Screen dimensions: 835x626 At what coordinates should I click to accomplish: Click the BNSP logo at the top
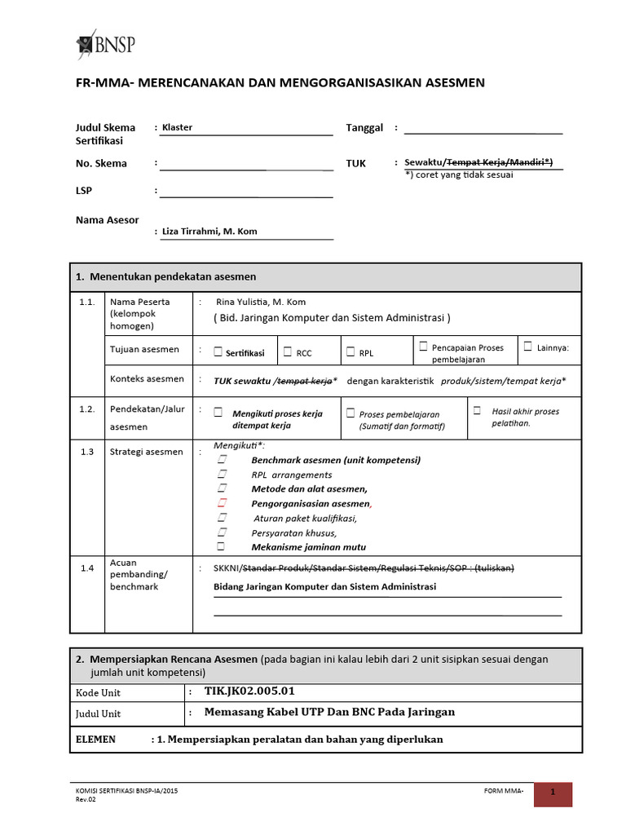(106, 42)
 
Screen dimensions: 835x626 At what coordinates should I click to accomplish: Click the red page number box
(553, 793)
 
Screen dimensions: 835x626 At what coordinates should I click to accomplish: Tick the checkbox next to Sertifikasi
(218, 352)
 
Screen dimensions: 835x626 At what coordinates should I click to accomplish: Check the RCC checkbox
(288, 352)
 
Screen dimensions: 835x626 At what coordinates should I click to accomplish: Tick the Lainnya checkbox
(528, 347)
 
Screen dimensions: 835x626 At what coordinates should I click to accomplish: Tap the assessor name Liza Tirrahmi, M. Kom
(209, 232)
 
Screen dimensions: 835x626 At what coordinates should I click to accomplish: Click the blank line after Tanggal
(483, 128)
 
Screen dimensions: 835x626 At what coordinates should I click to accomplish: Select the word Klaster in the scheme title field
(177, 128)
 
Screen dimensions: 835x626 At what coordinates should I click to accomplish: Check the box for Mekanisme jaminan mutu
(221, 546)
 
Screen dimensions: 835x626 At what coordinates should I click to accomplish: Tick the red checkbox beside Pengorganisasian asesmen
(221, 503)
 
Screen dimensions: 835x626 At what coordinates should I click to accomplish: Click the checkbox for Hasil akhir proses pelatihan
(477, 410)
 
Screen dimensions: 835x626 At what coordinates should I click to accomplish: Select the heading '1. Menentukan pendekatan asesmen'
(166, 277)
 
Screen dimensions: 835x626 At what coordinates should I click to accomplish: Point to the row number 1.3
(87, 452)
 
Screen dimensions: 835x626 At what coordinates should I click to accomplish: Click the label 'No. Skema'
(101, 164)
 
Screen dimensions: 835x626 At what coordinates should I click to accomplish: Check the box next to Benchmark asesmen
(221, 460)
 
